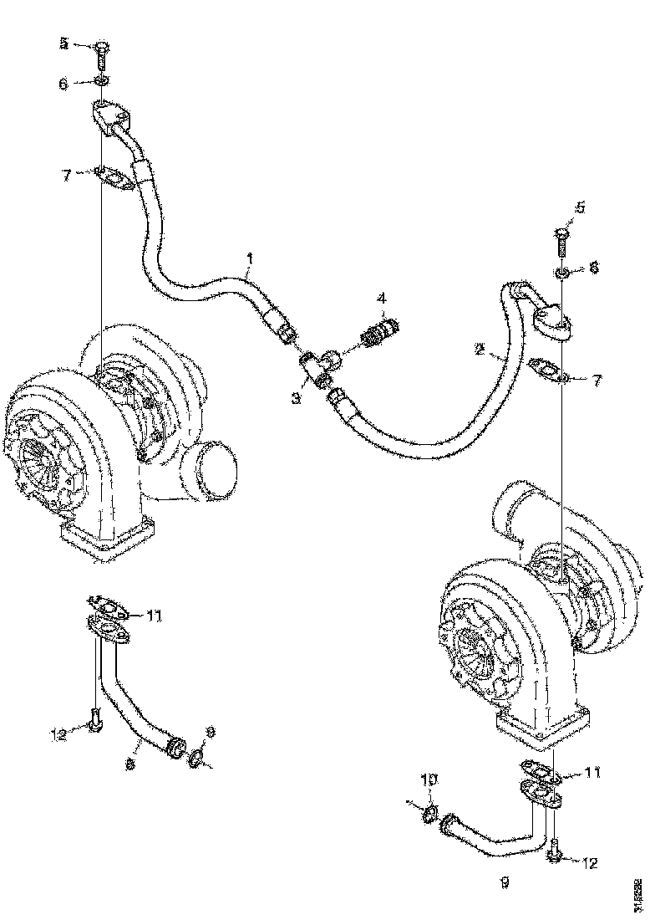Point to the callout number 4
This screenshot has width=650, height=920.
(381, 298)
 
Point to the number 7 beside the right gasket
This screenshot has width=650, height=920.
(597, 381)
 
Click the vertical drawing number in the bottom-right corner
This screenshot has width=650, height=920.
(639, 894)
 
